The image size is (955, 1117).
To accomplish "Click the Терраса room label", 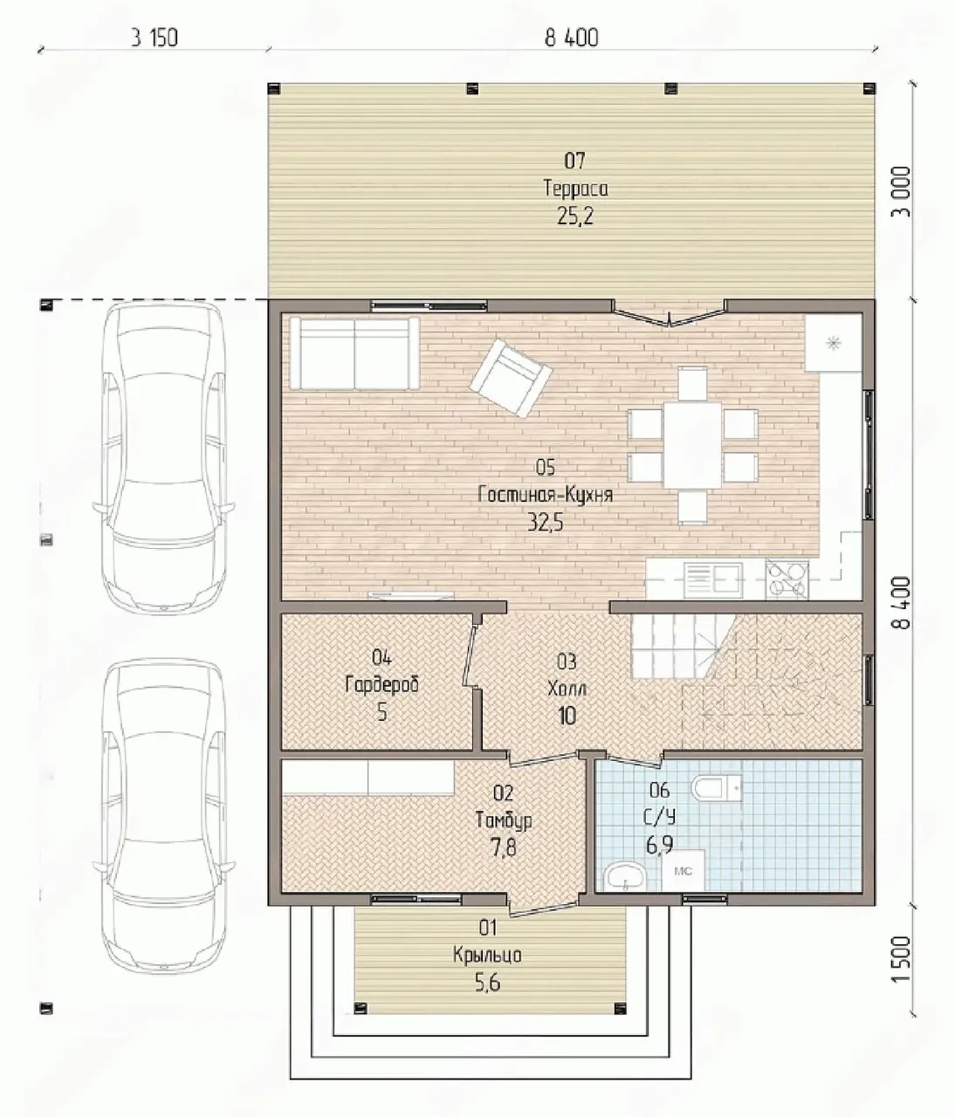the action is [575, 188].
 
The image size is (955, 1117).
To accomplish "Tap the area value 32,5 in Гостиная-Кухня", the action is [546, 523].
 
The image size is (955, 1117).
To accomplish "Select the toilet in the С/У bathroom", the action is [716, 787].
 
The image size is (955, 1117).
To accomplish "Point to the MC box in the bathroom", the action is [684, 871].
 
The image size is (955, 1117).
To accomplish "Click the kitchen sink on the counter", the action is [713, 579].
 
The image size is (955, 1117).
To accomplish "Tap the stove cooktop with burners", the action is [787, 579].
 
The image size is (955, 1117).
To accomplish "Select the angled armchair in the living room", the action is [511, 378].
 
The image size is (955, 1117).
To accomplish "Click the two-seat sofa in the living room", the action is [354, 353].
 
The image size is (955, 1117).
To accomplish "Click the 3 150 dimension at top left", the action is [155, 38].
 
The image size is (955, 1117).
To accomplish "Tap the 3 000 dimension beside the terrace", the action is [902, 191].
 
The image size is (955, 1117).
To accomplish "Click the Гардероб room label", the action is [381, 685].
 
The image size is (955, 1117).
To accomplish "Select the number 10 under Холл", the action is [567, 716].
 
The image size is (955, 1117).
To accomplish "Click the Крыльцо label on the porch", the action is [487, 955].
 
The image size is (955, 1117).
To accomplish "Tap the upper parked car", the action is [163, 456].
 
